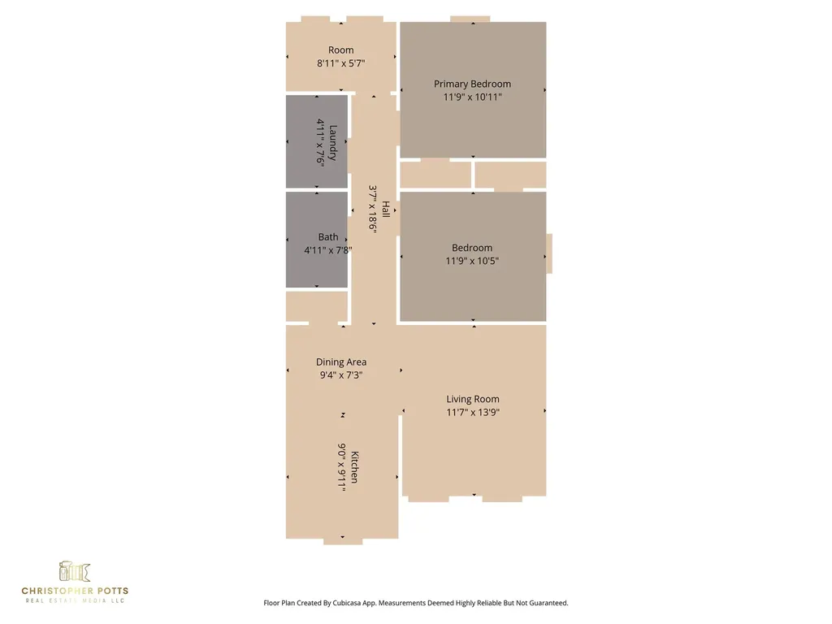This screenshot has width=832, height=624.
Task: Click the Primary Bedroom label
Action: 472,84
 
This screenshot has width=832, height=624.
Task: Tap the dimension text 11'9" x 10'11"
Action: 472,97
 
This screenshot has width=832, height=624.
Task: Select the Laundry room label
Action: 333,142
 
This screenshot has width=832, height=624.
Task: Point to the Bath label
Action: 328,237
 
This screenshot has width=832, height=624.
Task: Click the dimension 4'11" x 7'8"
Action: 328,250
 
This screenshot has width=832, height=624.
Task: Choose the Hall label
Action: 386,209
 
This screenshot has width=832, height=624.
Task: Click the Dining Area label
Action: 341,362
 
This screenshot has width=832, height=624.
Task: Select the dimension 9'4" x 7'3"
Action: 341,375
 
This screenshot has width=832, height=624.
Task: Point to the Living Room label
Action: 473,399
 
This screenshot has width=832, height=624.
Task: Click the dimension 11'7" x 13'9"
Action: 473,412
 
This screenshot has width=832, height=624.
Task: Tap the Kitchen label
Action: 355,467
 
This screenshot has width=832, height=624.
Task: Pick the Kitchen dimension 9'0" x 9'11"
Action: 342,467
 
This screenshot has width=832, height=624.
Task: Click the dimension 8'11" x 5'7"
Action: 341,63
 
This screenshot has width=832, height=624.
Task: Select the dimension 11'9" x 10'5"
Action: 472,261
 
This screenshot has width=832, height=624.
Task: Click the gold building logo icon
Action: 74,571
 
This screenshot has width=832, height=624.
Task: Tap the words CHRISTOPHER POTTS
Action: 75,591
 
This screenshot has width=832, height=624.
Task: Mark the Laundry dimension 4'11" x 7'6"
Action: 320,142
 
